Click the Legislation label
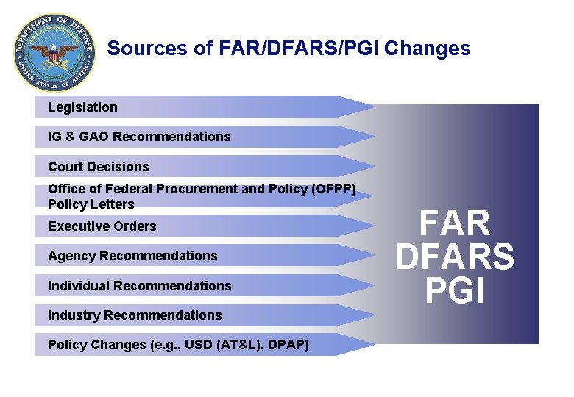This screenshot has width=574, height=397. pos(82,107)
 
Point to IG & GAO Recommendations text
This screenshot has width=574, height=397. pos(139,137)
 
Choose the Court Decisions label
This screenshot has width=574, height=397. pos(98,167)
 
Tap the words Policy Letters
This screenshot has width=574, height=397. pos(91,204)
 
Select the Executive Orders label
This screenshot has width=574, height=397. pos(102,226)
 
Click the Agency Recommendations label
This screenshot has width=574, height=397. pos(132,256)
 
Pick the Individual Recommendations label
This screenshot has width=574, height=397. pos(139,286)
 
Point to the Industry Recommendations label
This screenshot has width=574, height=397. pos(135,315)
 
